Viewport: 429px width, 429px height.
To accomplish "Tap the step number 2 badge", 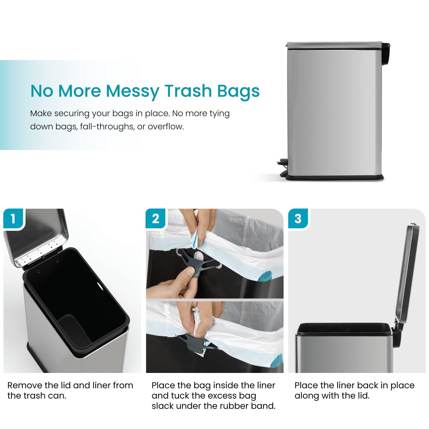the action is [x=156, y=219].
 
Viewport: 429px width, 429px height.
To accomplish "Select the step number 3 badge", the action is [x=298, y=219].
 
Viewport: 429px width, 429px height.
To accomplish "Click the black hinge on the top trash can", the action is [x=385, y=53].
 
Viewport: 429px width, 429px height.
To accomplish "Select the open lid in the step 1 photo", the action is [x=37, y=236].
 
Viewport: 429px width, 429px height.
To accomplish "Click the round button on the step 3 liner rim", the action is [x=344, y=329].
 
